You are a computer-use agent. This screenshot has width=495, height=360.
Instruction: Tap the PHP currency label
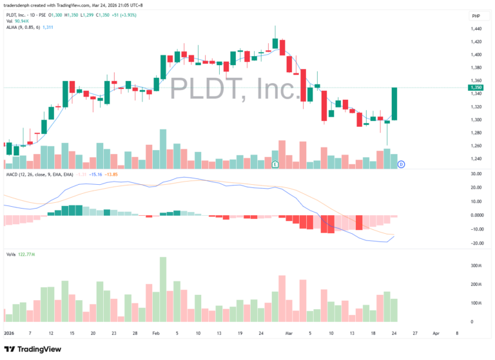pyautogui.click(x=476, y=15)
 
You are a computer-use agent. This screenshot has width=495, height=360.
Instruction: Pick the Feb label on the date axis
pyautogui.click(x=156, y=334)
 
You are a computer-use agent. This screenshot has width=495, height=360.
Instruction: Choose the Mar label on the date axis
pyautogui.click(x=289, y=334)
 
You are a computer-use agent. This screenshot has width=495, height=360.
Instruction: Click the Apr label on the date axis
pyautogui.click(x=436, y=334)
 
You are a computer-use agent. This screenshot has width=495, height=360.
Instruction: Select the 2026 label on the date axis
pyautogui.click(x=9, y=334)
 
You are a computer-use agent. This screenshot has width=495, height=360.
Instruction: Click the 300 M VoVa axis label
pyautogui.click(x=476, y=265)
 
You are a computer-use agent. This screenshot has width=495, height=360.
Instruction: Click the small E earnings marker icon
pyautogui.click(x=275, y=164)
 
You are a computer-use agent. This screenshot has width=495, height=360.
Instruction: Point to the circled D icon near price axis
pyautogui.click(x=401, y=165)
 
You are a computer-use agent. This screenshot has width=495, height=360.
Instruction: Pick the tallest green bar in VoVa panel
pyautogui.click(x=163, y=289)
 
